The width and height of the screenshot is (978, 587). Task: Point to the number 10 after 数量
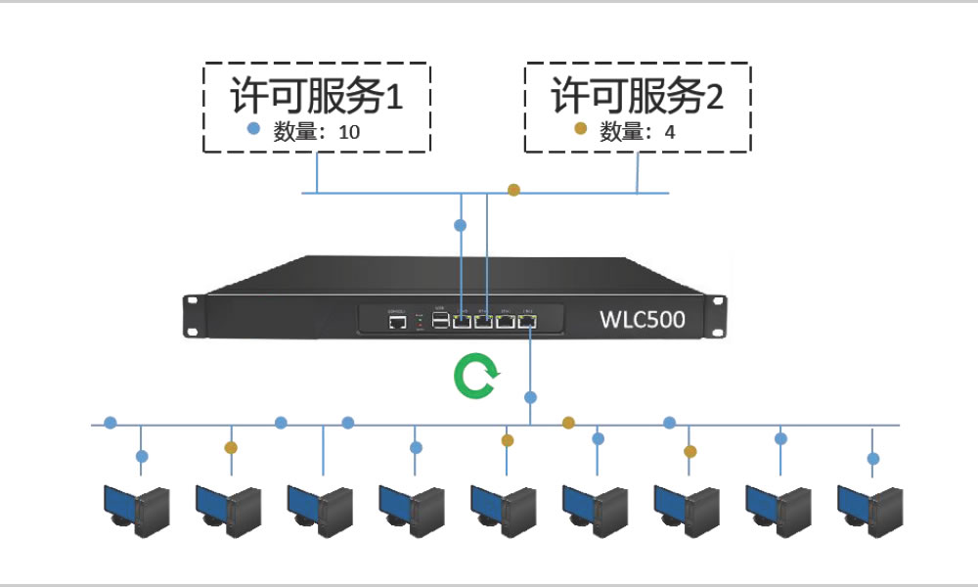click(349, 132)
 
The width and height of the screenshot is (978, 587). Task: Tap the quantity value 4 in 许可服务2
click(670, 132)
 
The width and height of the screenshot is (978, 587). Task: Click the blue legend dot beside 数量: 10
click(253, 129)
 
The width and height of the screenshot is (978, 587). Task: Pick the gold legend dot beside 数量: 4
click(580, 129)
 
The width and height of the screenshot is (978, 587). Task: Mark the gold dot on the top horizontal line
click(513, 190)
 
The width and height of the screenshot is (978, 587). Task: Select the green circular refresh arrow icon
click(476, 378)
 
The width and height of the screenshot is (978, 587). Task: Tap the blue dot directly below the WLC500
click(530, 397)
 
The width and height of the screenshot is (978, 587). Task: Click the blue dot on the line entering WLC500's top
click(461, 225)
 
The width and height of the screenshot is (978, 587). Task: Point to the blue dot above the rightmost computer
click(873, 458)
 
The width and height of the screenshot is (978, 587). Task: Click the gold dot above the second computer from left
click(231, 447)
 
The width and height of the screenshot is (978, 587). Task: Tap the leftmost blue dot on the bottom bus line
click(111, 423)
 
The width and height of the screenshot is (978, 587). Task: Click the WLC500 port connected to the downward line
click(528, 320)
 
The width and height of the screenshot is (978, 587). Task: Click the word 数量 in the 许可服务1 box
click(292, 132)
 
